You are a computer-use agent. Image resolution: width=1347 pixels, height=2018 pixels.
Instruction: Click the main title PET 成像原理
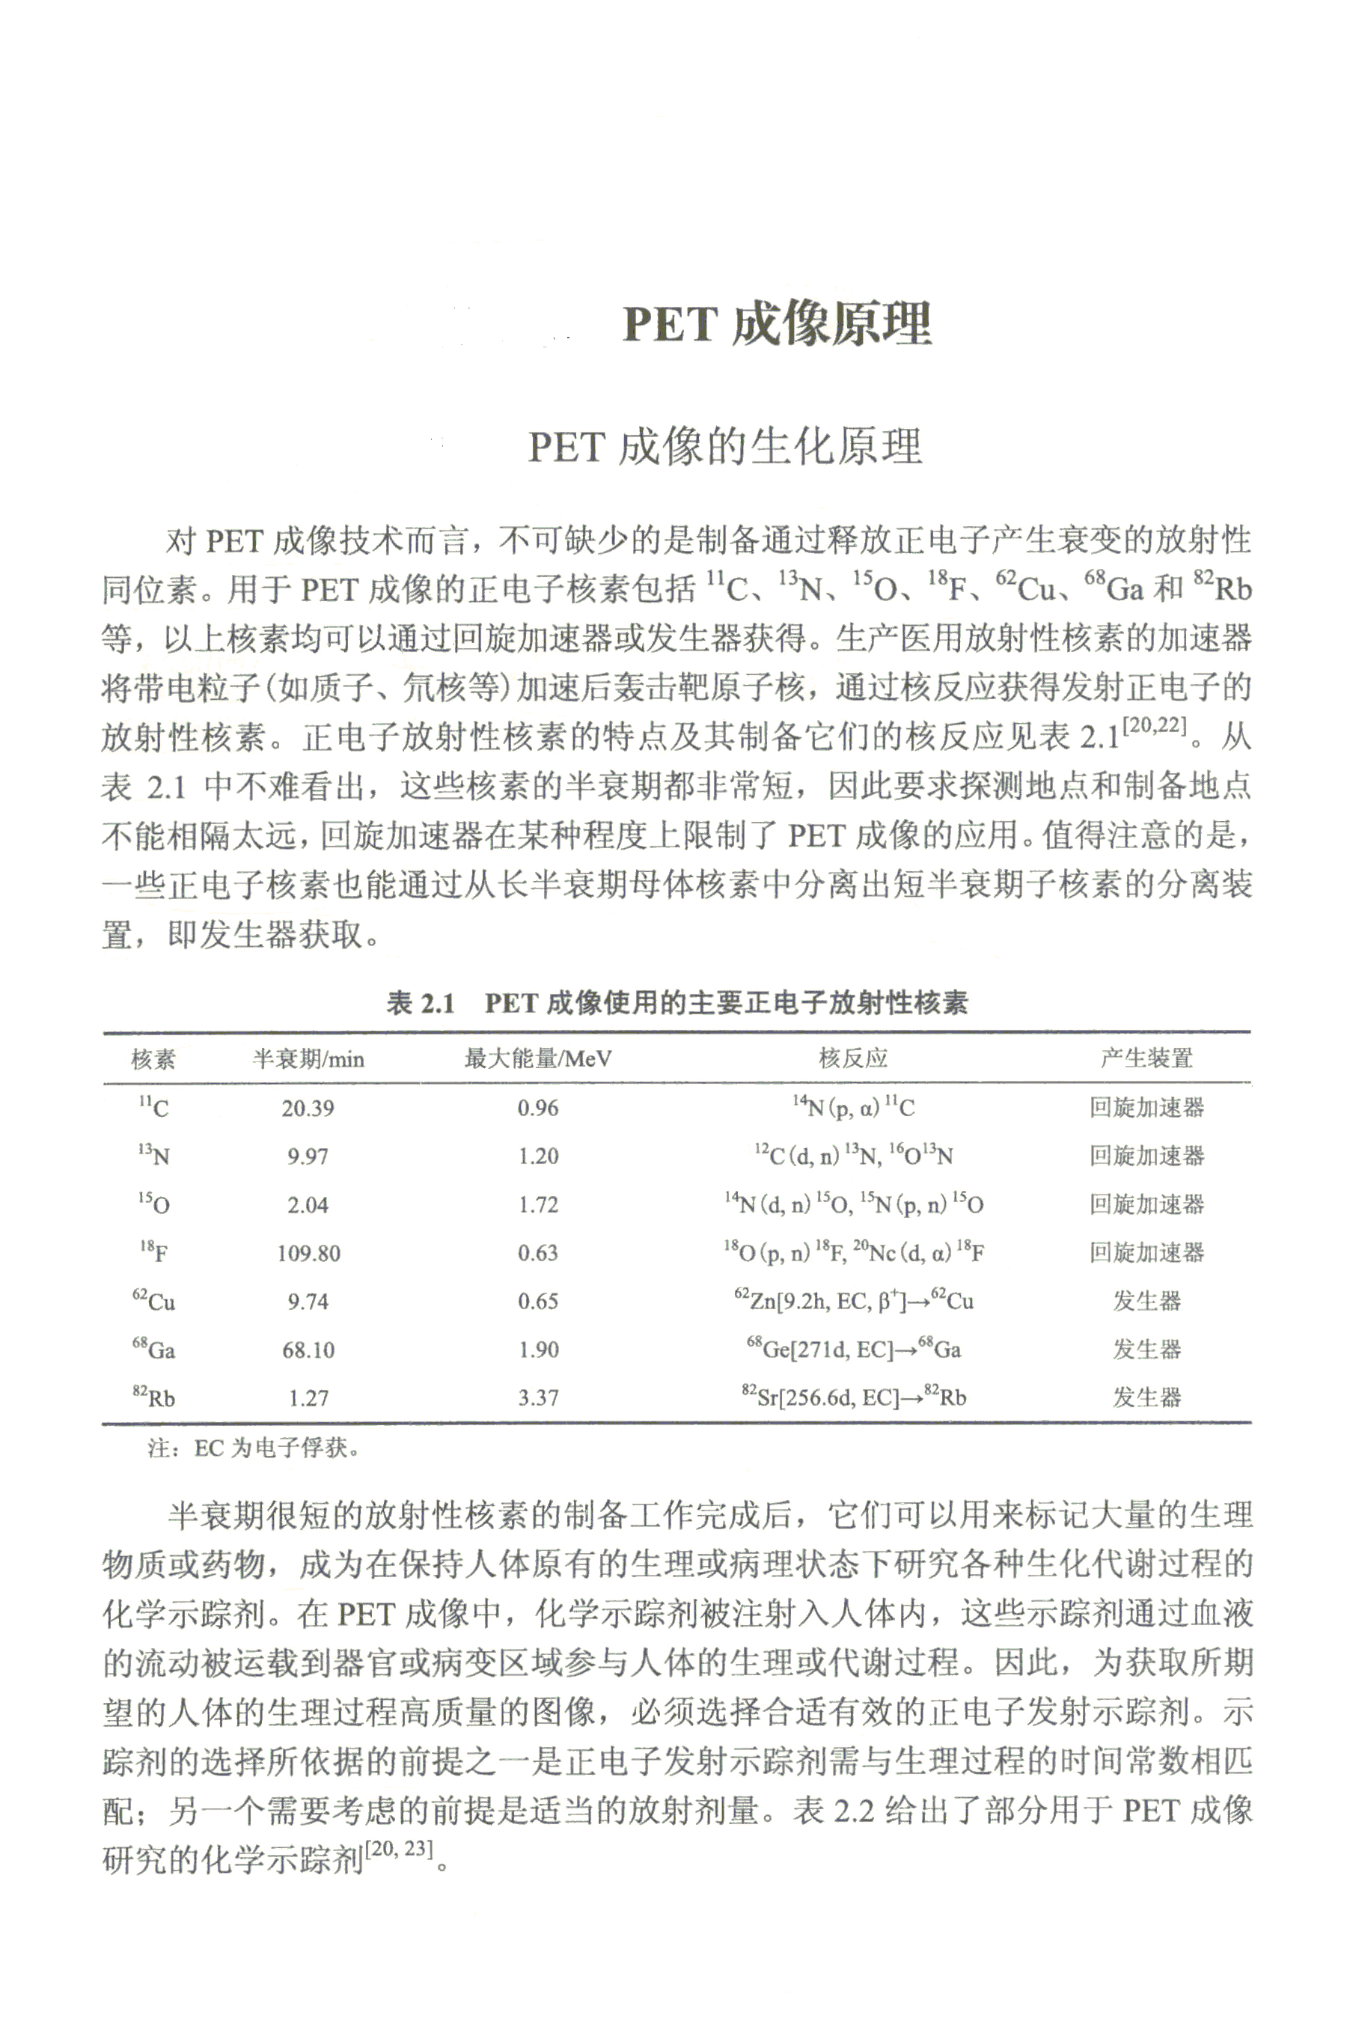tap(777, 323)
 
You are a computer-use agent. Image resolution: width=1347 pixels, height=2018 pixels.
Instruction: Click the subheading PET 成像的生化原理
tap(725, 447)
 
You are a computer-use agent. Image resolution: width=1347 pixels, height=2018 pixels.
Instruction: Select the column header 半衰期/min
tap(308, 1058)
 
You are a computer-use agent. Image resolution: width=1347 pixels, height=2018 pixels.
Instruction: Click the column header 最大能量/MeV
tap(538, 1058)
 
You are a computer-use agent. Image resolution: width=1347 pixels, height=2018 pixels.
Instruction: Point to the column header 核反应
tap(853, 1058)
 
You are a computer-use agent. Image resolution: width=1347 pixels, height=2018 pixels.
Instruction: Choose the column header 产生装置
tap(1147, 1058)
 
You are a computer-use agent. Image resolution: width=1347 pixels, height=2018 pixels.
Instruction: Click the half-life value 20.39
tap(308, 1109)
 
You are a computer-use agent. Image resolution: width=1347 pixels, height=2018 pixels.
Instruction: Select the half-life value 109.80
tap(308, 1254)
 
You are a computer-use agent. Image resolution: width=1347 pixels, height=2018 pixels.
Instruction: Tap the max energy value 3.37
tap(538, 1398)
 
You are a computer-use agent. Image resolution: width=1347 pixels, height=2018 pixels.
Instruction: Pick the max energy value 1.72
tap(538, 1205)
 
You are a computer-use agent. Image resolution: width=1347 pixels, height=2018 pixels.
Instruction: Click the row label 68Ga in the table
tap(153, 1350)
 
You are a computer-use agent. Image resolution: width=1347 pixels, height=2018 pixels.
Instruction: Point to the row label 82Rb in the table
tap(153, 1398)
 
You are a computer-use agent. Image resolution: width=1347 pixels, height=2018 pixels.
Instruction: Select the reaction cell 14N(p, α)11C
tap(853, 1107)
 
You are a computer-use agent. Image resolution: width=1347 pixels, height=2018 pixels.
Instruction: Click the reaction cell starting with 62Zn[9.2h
tap(853, 1302)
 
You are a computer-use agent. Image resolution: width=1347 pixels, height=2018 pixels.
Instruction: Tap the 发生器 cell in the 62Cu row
tap(1147, 1302)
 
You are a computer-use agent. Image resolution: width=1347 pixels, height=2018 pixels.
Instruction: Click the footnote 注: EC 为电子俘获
tap(254, 1449)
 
